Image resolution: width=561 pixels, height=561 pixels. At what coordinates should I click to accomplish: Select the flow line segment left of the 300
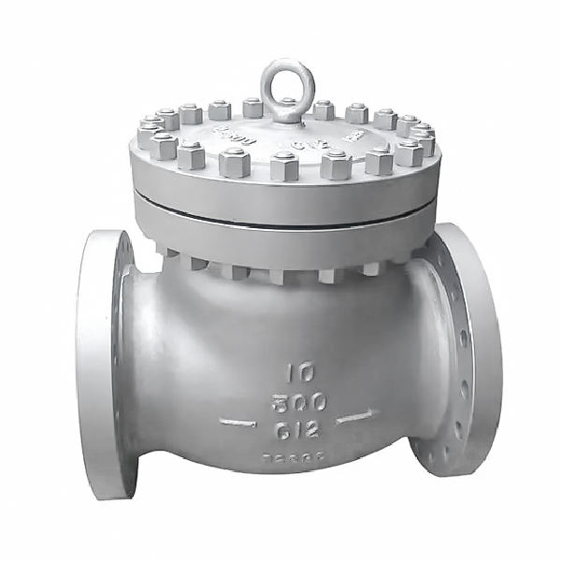click(237, 422)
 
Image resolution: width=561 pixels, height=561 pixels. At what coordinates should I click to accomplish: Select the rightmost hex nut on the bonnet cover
click(422, 141)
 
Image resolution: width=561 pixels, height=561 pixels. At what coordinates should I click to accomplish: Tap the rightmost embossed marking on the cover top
click(352, 135)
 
